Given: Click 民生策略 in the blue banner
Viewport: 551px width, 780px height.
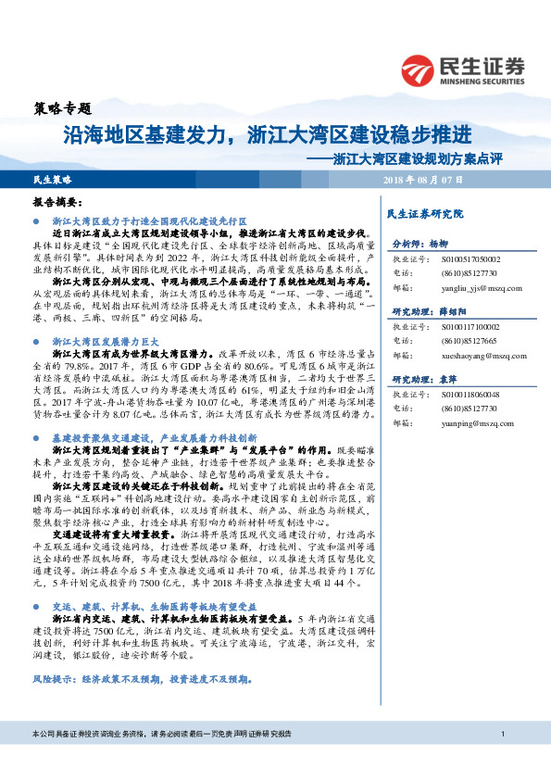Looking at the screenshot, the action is pyautogui.click(x=52, y=178).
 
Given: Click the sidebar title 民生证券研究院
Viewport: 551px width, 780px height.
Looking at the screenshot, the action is pyautogui.click(x=424, y=214).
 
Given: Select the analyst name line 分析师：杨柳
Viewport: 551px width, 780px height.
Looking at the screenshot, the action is pyautogui.click(x=420, y=244).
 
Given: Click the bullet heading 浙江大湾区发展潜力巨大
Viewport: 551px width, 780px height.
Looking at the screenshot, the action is pyautogui.click(x=102, y=316).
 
